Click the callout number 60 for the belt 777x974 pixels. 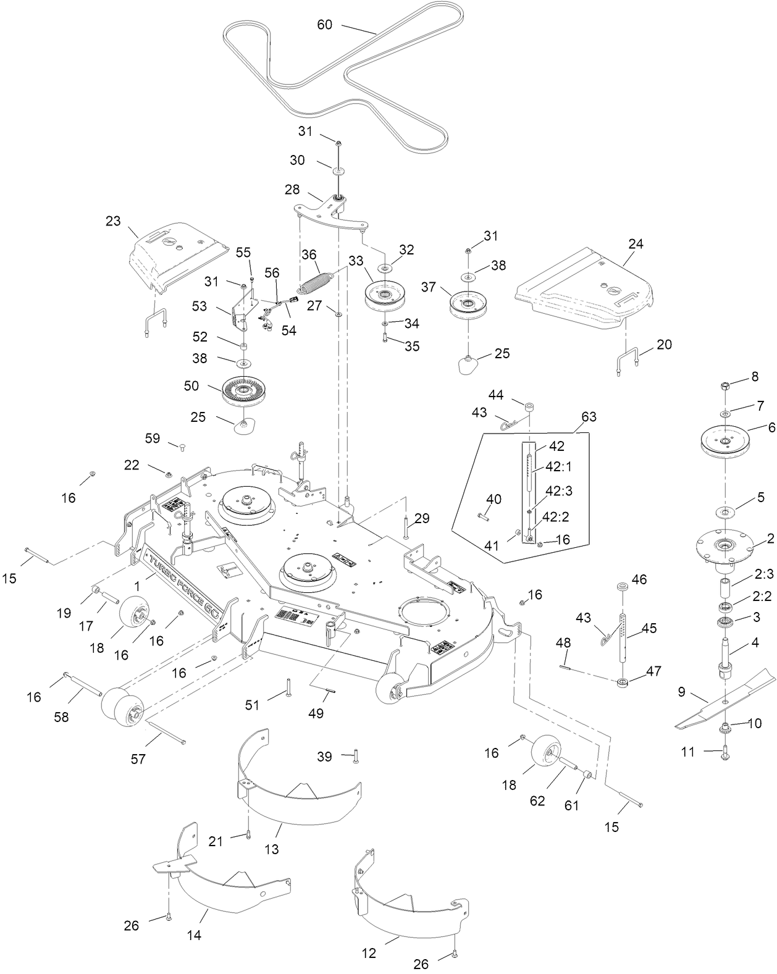click(324, 25)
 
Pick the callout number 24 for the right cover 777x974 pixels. click(636, 244)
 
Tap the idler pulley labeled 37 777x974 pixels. click(469, 303)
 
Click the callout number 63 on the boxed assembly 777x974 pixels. click(589, 416)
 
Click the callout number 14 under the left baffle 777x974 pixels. click(194, 935)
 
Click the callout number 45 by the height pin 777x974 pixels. click(649, 628)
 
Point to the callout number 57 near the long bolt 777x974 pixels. click(138, 758)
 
